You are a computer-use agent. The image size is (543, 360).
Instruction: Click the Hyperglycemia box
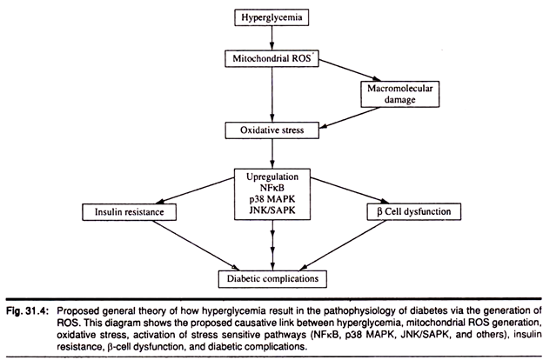pyautogui.click(x=271, y=17)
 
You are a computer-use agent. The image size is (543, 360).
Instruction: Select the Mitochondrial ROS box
pyautogui.click(x=271, y=58)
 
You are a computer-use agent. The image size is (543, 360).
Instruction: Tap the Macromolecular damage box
pyautogui.click(x=400, y=94)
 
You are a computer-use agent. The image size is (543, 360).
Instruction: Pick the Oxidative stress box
pyautogui.click(x=271, y=130)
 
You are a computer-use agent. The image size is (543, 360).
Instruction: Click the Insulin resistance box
pyautogui.click(x=129, y=212)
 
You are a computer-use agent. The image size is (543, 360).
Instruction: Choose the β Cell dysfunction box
pyautogui.click(x=414, y=211)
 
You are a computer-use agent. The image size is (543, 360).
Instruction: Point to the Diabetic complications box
pyautogui.click(x=272, y=278)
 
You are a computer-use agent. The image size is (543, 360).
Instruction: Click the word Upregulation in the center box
pyautogui.click(x=272, y=177)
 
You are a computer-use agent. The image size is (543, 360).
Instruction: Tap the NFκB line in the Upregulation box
pyautogui.click(x=272, y=188)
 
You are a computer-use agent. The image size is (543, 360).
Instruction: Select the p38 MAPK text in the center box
pyautogui.click(x=272, y=199)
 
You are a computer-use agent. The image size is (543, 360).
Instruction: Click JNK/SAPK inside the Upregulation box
pyautogui.click(x=272, y=210)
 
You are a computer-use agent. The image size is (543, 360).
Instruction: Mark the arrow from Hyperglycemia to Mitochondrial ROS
pyautogui.click(x=271, y=38)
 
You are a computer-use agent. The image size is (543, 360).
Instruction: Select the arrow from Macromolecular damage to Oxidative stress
pyautogui.click(x=349, y=117)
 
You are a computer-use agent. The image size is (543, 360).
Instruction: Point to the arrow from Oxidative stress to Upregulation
pyautogui.click(x=272, y=154)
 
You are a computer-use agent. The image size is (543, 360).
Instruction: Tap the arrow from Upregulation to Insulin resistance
pyautogui.click(x=195, y=190)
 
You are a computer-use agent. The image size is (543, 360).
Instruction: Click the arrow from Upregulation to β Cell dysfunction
pyautogui.click(x=350, y=190)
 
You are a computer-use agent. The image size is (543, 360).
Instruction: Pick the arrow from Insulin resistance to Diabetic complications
pyautogui.click(x=196, y=245)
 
